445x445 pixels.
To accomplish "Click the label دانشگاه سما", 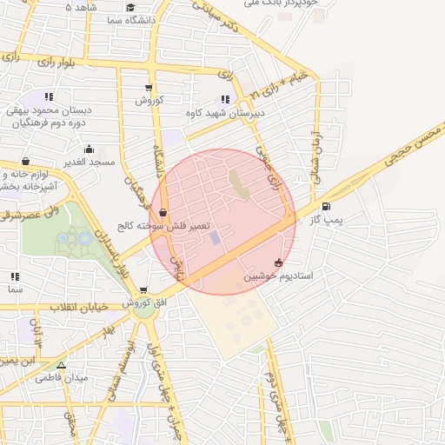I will click(130, 18).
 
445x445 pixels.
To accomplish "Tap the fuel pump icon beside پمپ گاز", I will click(326, 207).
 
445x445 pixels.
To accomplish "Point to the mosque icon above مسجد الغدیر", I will click(88, 149).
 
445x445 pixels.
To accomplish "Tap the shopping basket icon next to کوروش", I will click(149, 87).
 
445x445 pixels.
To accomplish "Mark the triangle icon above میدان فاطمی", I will click(61, 364).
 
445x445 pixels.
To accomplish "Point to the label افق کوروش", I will click(143, 302).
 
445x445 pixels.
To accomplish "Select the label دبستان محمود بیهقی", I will click(49, 110).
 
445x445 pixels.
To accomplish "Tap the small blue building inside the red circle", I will click(215, 236).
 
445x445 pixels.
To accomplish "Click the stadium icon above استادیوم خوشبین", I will click(278, 262).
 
